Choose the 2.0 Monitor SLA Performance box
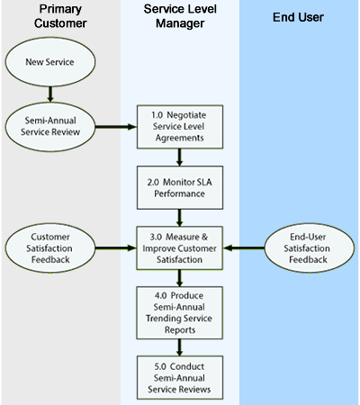[181, 187]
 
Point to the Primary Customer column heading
[60, 16]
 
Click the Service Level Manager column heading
[180, 16]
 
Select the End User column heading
[299, 16]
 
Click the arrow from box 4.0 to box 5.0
[181, 347]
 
